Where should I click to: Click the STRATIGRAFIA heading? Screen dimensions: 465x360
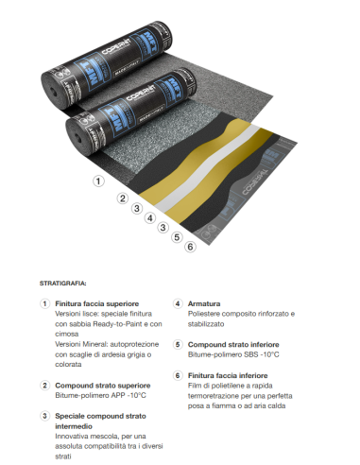click(63, 282)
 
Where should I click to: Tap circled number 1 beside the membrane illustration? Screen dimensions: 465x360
click(97, 180)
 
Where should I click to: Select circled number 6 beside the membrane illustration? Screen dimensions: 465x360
click(190, 247)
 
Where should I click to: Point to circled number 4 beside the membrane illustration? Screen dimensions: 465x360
click(149, 217)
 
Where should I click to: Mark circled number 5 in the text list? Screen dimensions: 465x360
click(177, 344)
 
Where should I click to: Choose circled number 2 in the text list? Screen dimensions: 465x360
click(43, 385)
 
